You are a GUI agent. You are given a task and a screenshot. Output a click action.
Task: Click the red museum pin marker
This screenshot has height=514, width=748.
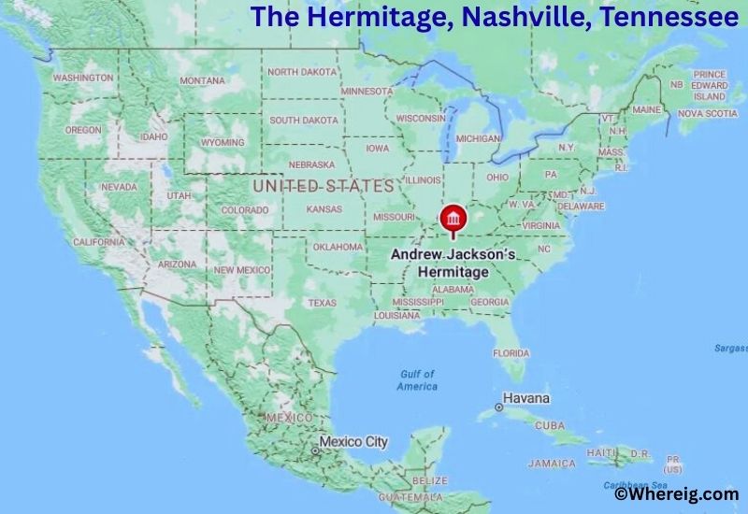[453, 219]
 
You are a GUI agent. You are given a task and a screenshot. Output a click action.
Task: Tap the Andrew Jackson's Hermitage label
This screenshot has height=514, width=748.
[453, 263]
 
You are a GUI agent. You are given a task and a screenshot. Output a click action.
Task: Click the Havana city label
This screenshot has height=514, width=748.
[526, 398]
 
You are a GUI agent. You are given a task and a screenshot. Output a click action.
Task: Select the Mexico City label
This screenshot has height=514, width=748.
[352, 442]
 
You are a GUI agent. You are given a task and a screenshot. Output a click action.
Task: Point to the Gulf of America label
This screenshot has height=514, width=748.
[417, 380]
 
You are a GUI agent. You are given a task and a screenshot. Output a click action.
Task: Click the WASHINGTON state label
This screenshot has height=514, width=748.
[83, 79]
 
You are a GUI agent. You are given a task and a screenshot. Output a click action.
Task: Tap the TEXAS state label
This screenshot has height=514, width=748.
[322, 303]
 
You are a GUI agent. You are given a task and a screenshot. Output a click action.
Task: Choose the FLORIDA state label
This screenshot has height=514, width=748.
[511, 353]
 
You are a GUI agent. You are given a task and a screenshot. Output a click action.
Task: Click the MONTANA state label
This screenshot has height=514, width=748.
[202, 81]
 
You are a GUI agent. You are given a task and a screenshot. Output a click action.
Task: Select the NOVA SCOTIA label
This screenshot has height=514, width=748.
[707, 113]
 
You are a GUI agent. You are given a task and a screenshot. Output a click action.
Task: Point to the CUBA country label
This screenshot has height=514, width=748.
[550, 426]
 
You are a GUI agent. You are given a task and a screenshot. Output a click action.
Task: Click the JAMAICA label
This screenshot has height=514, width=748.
[552, 464]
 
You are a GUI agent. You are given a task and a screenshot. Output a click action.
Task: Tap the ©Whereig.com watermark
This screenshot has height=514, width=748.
[674, 494]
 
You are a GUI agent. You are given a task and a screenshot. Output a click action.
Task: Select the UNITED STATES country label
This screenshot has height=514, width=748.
[324, 187]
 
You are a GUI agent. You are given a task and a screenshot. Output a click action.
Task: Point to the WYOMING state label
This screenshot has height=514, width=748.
[223, 143]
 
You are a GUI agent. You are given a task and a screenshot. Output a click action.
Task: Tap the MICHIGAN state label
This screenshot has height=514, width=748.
[478, 138]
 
